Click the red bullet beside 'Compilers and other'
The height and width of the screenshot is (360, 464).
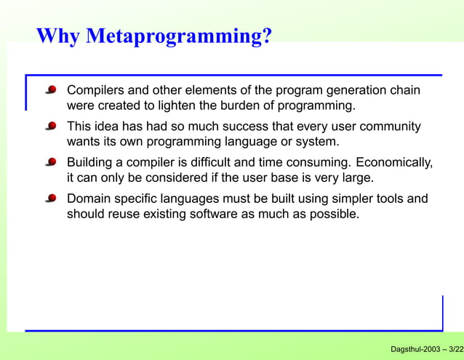51,91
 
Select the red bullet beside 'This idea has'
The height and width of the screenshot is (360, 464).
51,127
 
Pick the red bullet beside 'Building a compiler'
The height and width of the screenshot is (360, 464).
51,162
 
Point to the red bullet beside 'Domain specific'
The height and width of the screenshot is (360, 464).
51,198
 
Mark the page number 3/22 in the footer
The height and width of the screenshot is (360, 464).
456,350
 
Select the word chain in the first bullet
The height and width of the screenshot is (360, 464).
405,91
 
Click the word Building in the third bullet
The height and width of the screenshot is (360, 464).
90,161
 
